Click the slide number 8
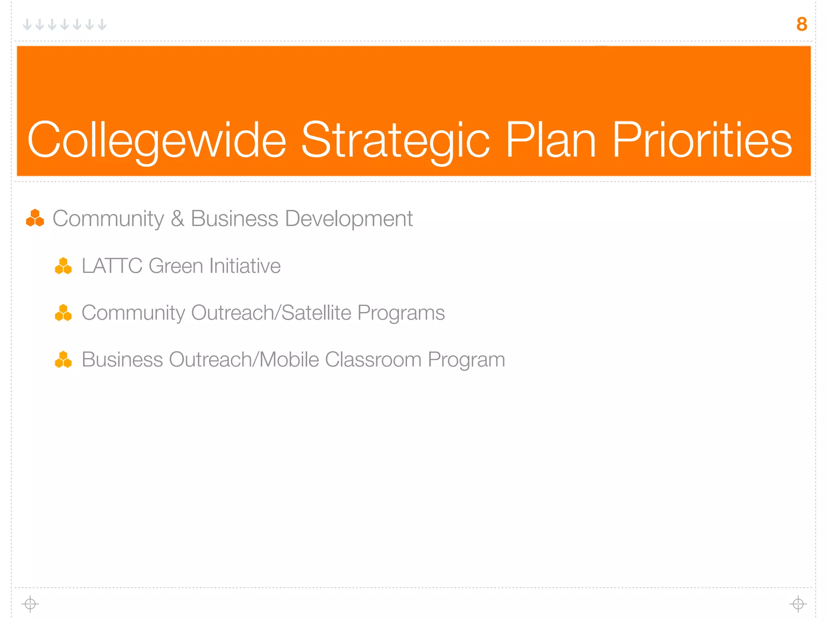pyautogui.click(x=802, y=24)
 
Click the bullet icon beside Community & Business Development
pyautogui.click(x=35, y=218)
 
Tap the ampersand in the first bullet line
pyautogui.click(x=177, y=218)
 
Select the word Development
pyautogui.click(x=348, y=218)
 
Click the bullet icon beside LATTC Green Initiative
pyautogui.click(x=63, y=266)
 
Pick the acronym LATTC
pyautogui.click(x=112, y=266)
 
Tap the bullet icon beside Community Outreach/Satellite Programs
pyautogui.click(x=63, y=313)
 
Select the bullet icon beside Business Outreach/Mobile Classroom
pyautogui.click(x=63, y=360)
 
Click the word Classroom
pyautogui.click(x=373, y=359)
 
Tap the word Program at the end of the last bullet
pyautogui.click(x=466, y=360)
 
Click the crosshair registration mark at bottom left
pyautogui.click(x=30, y=604)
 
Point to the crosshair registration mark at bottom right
pyautogui.click(x=798, y=604)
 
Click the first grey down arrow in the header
pyautogui.click(x=27, y=25)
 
